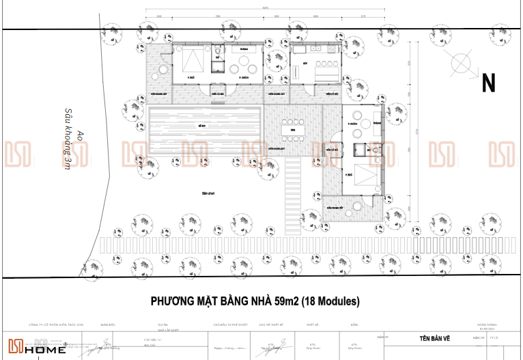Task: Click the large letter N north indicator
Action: pyautogui.click(x=488, y=83)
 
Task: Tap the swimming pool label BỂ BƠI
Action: pyautogui.click(x=202, y=127)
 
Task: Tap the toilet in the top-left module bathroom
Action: pyautogui.click(x=217, y=51)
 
